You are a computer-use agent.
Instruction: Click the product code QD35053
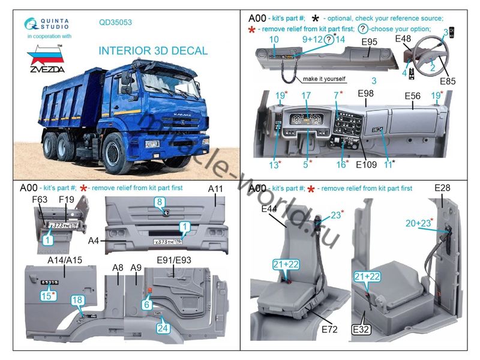click(x=115, y=23)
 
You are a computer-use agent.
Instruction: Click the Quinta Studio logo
click(x=47, y=23)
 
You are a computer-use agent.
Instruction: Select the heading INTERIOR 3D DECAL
click(x=153, y=51)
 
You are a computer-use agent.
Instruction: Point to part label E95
click(x=369, y=42)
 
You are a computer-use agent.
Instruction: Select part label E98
click(x=365, y=94)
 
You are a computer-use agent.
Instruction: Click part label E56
click(x=412, y=95)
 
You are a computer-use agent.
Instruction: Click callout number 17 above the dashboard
click(x=306, y=95)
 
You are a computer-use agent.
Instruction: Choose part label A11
click(x=215, y=189)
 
